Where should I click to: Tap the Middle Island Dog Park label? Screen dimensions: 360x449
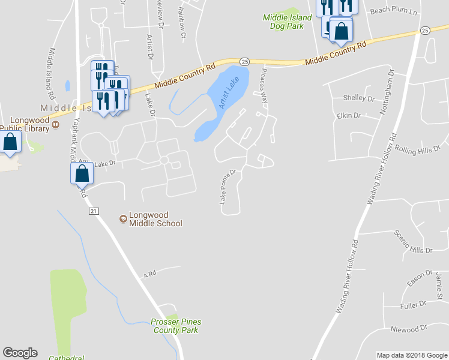(288, 22)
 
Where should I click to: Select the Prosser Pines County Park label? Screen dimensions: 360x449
(176, 326)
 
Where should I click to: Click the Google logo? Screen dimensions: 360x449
(20, 353)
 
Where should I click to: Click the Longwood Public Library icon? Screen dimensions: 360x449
(55, 125)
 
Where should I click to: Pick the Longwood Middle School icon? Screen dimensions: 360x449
(124, 219)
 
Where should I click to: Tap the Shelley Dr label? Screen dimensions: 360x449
(358, 98)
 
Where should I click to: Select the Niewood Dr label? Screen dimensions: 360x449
(408, 329)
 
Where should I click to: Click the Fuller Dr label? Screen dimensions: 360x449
(412, 306)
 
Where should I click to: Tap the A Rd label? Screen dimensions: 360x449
(149, 275)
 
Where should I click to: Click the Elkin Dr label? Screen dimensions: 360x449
(348, 115)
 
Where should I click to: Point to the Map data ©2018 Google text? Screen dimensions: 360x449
(411, 355)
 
